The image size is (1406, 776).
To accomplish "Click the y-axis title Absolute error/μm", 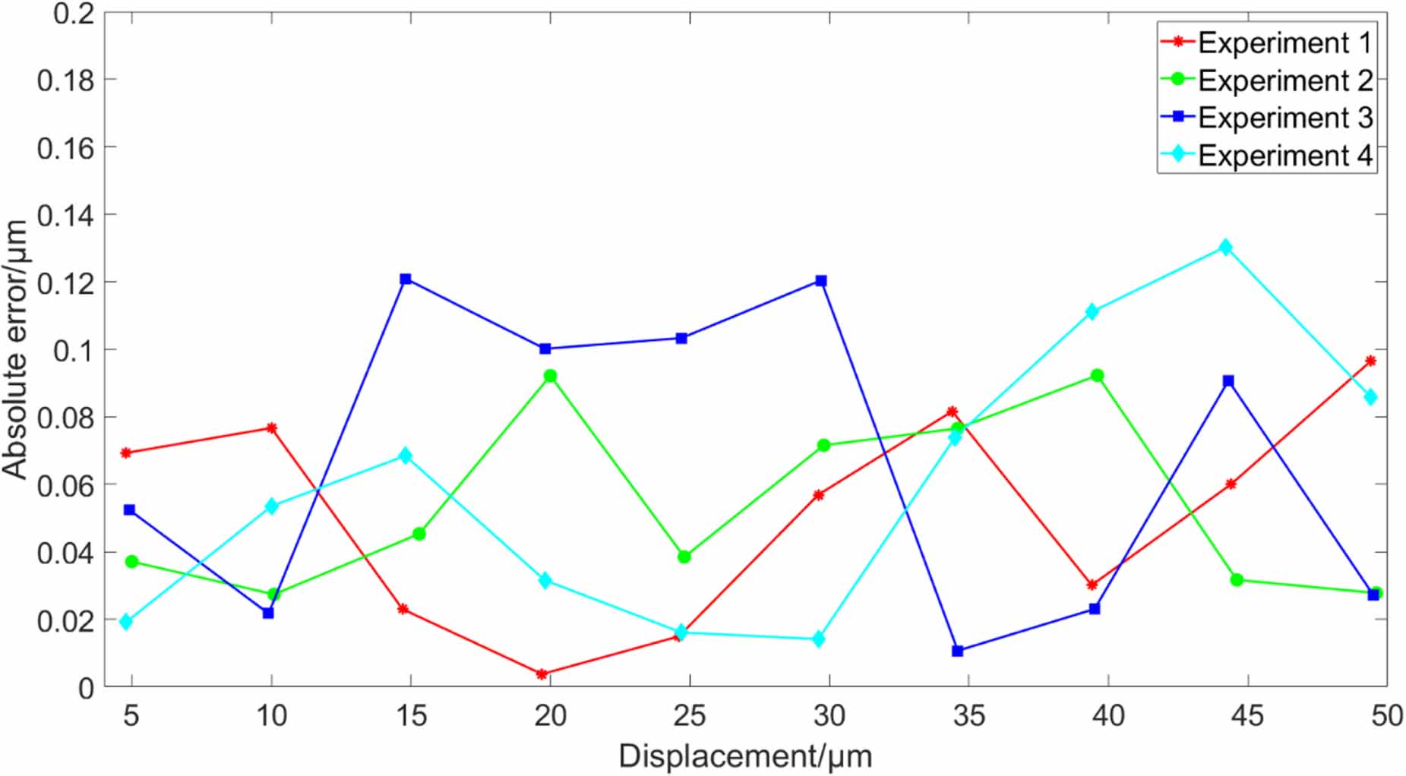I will click(x=15, y=349).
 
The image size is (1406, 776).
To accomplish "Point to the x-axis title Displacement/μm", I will click(x=745, y=756).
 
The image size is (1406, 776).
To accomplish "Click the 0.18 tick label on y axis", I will click(x=66, y=80).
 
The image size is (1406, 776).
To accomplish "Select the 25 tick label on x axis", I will click(x=689, y=716).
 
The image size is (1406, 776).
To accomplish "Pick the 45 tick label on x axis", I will click(x=1247, y=716).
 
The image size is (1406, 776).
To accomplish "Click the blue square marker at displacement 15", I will click(x=406, y=279).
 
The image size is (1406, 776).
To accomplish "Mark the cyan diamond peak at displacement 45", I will click(x=1225, y=248).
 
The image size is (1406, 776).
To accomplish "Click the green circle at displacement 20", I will click(x=550, y=376).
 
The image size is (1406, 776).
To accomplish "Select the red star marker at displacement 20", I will click(x=542, y=673).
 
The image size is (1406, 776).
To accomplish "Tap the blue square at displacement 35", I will click(x=957, y=651).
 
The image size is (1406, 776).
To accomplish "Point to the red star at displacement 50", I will click(x=1370, y=361).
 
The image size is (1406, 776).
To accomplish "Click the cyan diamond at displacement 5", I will click(x=126, y=622).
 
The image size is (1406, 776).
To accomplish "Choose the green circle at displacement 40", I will click(x=1097, y=376).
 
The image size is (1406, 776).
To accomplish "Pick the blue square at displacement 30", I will click(x=821, y=281).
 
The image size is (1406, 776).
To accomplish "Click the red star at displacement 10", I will click(x=271, y=428).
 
